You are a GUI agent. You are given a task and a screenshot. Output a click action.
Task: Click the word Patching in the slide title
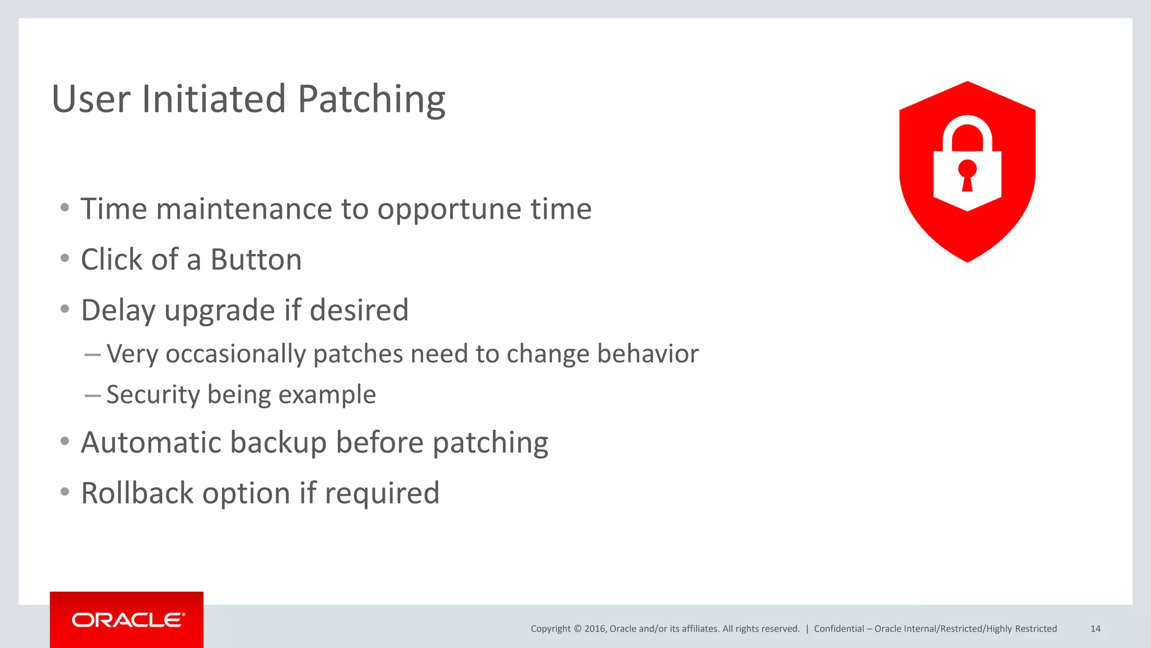[x=371, y=100]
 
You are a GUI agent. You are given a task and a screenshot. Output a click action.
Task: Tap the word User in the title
[x=91, y=100]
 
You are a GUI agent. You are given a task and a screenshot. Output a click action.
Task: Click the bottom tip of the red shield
[x=967, y=260]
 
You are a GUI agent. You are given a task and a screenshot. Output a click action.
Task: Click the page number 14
[x=1095, y=629]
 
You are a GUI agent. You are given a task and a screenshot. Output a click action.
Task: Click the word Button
[x=256, y=260]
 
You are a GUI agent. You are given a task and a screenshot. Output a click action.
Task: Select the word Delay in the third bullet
[x=117, y=310]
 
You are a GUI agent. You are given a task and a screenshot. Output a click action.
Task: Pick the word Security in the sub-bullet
[x=153, y=394]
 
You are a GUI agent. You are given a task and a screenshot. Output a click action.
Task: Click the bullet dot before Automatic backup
[x=65, y=442]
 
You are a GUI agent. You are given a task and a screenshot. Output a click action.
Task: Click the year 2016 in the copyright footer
[x=595, y=629]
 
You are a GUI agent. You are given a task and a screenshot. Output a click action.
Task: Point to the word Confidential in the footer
[x=839, y=629]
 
